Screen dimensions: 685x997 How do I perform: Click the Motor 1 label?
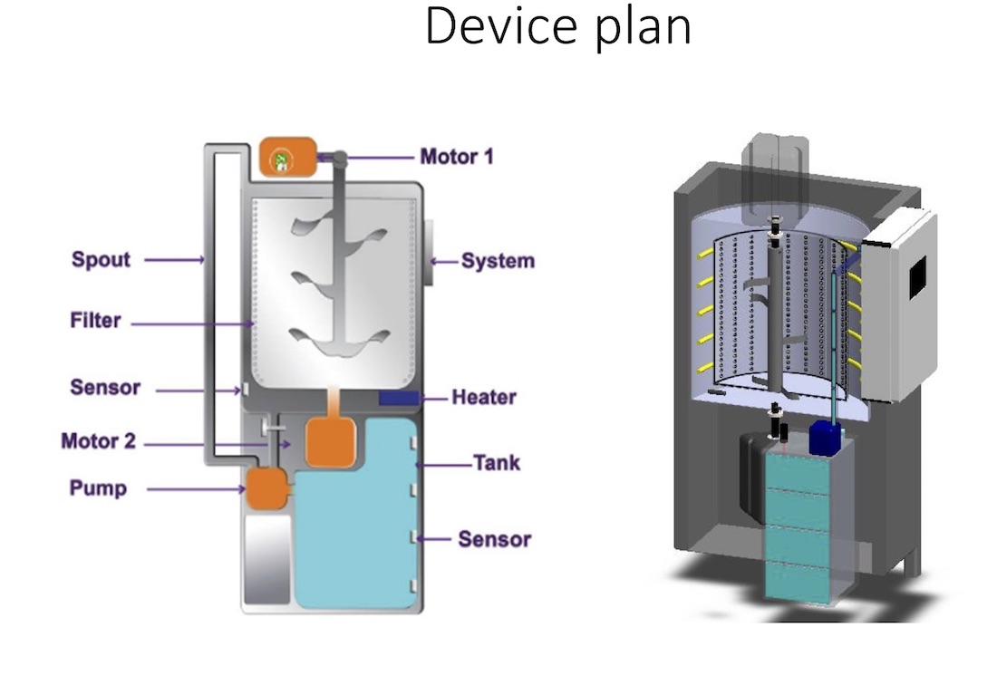(457, 157)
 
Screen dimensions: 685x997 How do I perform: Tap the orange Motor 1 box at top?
(287, 157)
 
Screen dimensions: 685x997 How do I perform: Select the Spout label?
(102, 260)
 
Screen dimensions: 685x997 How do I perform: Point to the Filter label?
(95, 321)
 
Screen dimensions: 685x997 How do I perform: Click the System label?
(498, 262)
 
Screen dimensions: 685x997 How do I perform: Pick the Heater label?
(484, 398)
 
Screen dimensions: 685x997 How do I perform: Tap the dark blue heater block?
(398, 398)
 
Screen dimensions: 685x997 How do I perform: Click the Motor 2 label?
(99, 442)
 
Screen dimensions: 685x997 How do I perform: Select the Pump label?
(98, 489)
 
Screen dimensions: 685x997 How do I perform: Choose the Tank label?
(497, 464)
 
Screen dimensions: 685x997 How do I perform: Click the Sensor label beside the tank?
(494, 540)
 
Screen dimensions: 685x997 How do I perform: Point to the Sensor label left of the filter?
(105, 389)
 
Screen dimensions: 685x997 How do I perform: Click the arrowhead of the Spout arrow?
(200, 260)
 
